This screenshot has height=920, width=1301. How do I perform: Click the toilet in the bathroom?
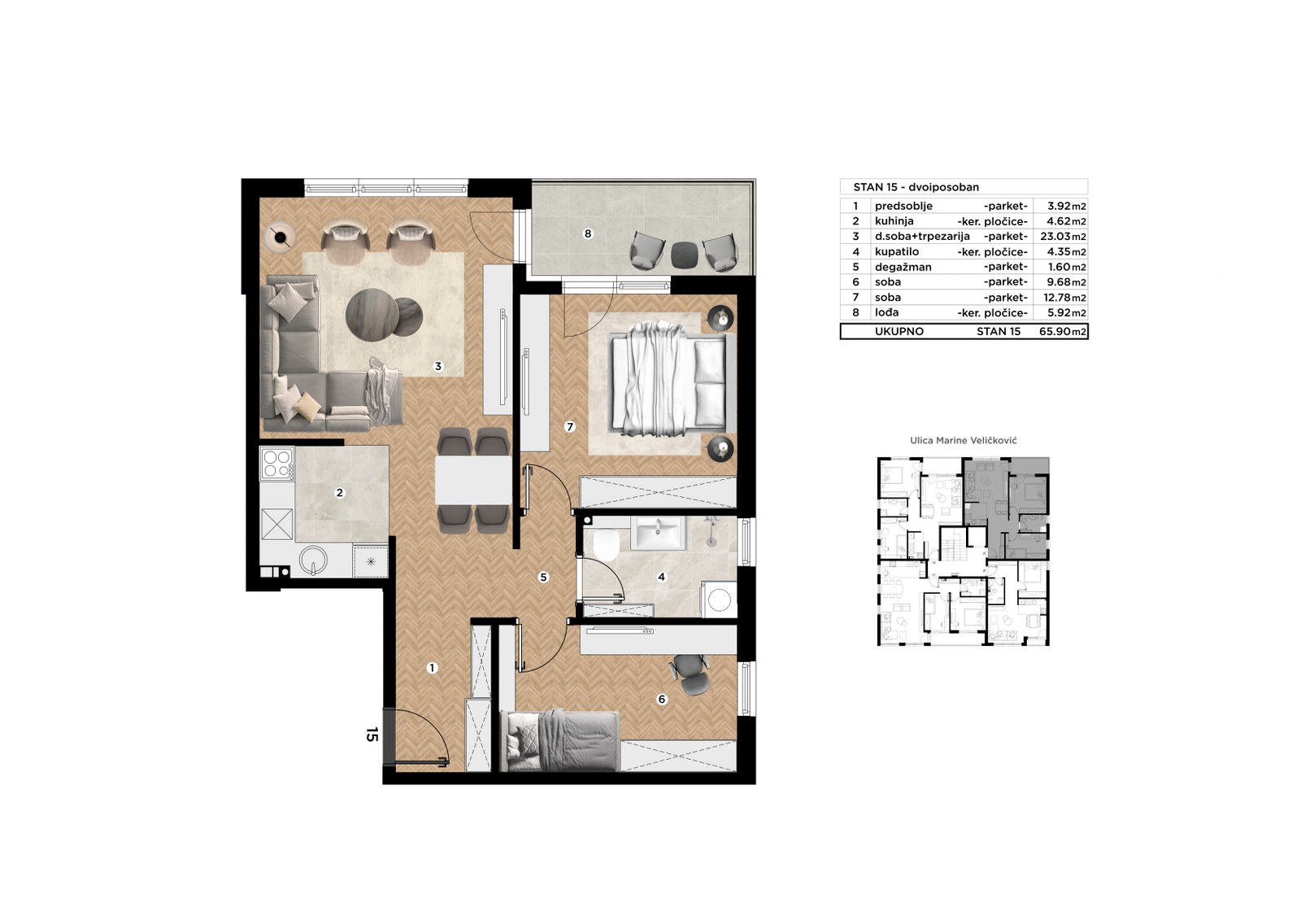607,544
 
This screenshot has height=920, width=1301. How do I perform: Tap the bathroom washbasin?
658,532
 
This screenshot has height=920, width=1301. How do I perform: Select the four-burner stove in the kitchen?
277,463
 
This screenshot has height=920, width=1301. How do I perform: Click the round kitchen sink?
314,560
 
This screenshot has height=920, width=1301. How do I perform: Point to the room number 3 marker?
438,366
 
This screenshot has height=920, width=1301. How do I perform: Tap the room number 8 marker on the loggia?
588,233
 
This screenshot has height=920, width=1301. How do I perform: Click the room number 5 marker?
544,577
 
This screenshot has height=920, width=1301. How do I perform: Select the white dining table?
472,480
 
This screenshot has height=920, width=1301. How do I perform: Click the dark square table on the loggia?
684,254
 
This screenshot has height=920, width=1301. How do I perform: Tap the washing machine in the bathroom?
719,599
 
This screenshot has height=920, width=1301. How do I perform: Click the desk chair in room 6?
690,674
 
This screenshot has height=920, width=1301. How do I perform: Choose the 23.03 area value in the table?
1055,237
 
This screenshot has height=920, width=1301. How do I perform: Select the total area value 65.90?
1055,332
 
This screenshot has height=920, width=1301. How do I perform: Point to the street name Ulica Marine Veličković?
964,441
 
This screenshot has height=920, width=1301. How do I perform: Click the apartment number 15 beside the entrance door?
372,735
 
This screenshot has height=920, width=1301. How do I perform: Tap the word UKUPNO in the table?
899,332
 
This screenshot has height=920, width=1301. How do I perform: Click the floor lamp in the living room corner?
281,237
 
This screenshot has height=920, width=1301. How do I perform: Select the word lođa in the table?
887,312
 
